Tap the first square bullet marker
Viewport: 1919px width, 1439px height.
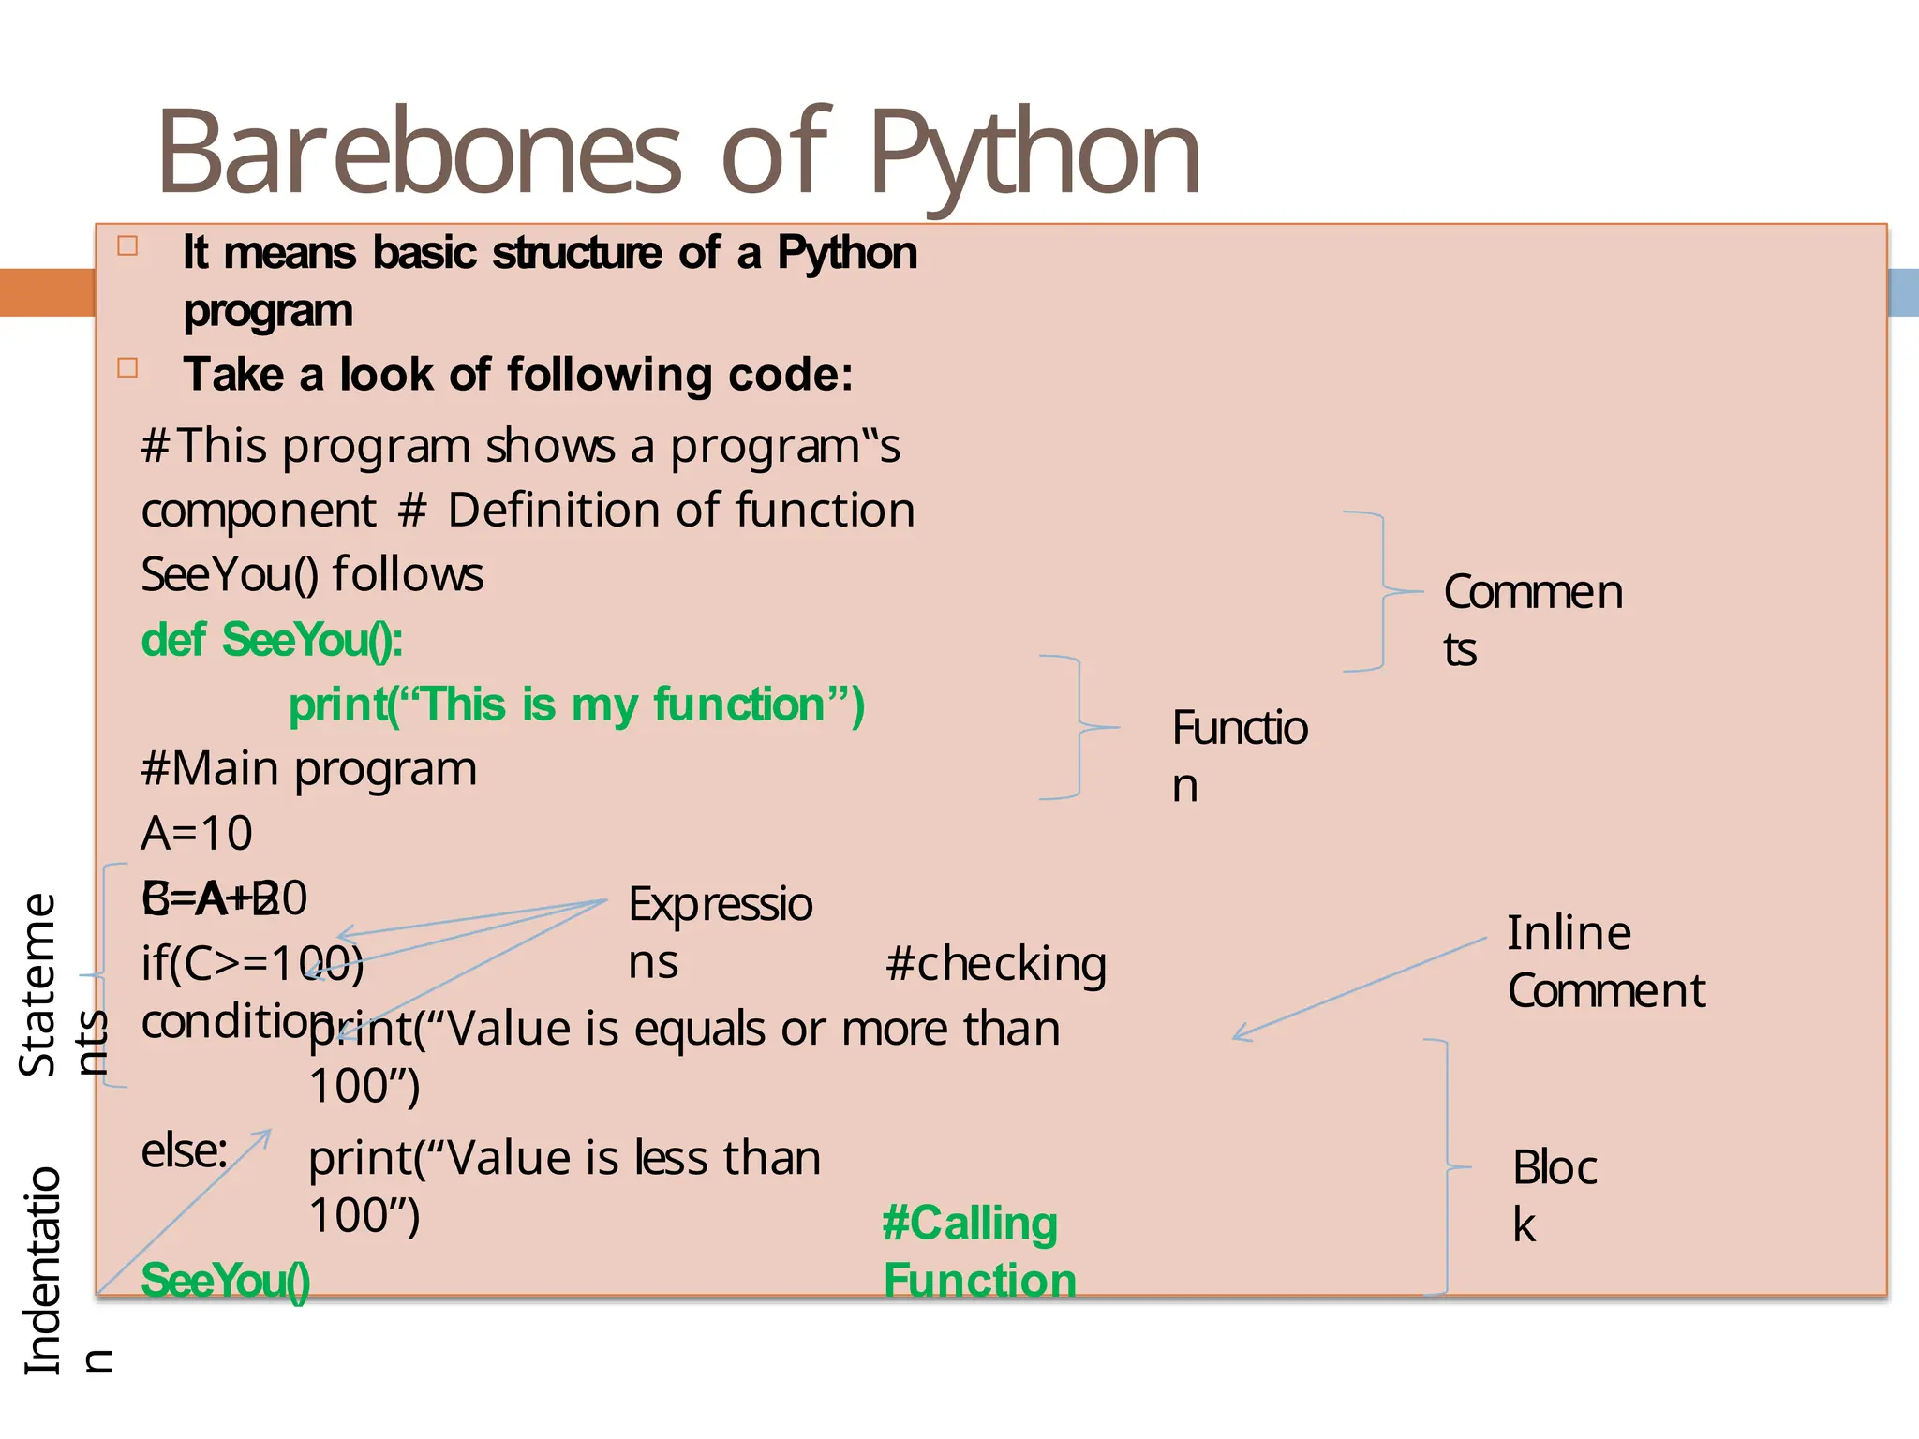(x=127, y=246)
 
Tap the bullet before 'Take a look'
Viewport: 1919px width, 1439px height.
(x=127, y=367)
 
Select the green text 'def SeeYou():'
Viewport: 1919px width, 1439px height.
(x=272, y=641)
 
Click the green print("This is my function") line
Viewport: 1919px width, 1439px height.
(x=576, y=705)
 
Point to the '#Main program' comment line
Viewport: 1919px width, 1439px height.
(x=309, y=769)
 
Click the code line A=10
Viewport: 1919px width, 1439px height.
(x=197, y=833)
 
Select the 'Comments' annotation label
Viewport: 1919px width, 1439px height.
(x=1532, y=619)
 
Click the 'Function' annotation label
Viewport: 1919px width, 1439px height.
(x=1239, y=754)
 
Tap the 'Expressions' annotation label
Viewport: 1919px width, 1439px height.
(x=719, y=932)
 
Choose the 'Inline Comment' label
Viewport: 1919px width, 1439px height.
(x=1605, y=962)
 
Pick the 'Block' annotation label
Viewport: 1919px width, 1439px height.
(x=1554, y=1194)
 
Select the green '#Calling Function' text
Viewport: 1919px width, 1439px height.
(x=978, y=1252)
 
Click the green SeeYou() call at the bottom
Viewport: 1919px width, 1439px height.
(x=226, y=1281)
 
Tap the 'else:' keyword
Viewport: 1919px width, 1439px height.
(x=185, y=1151)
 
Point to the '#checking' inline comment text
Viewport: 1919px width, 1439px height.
(x=995, y=964)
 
